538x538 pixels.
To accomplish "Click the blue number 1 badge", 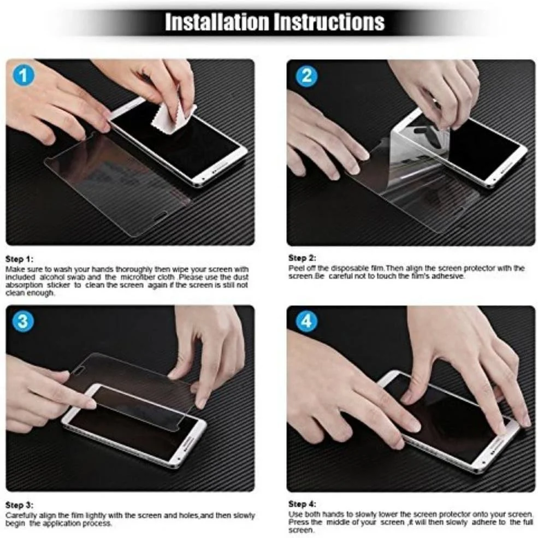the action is pyautogui.click(x=23, y=75).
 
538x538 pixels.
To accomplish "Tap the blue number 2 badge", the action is pyautogui.click(x=306, y=75).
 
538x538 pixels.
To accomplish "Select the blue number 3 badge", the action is pyautogui.click(x=23, y=322).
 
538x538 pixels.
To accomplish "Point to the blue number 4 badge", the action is pyautogui.click(x=306, y=322).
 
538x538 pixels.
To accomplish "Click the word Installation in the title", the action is pyautogui.click(x=217, y=22).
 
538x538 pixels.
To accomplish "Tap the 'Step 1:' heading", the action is pyautogui.click(x=20, y=259).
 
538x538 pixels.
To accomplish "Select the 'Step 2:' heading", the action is pyautogui.click(x=302, y=258).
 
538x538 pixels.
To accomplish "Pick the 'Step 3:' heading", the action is pyautogui.click(x=20, y=505).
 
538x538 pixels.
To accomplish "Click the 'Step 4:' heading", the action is pyautogui.click(x=302, y=504).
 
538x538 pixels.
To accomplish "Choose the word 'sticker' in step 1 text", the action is pyautogui.click(x=58, y=285).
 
